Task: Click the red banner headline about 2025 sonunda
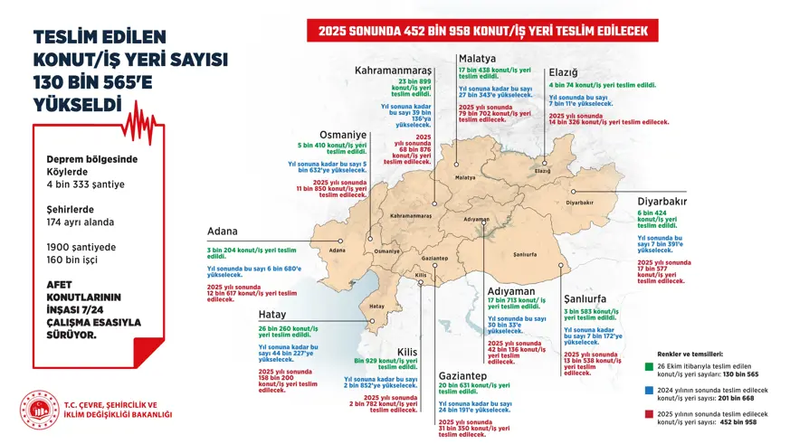click(482, 31)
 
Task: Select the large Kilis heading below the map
click(405, 352)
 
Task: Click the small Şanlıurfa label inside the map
click(524, 255)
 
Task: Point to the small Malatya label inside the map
click(465, 177)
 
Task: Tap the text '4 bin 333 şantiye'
click(86, 184)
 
